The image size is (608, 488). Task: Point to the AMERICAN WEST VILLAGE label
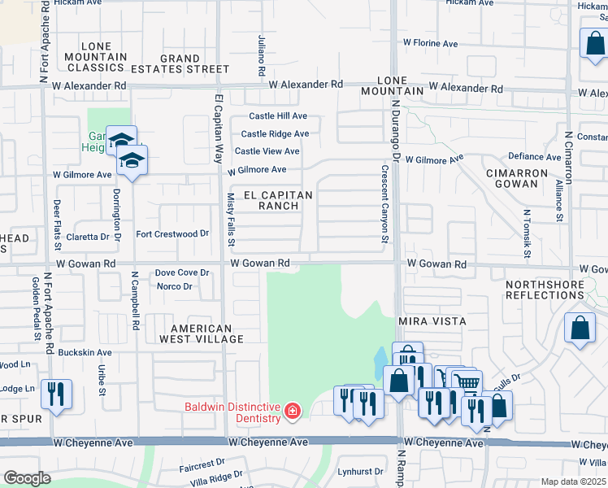pos(201,333)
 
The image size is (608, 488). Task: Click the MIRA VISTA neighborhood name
pos(432,322)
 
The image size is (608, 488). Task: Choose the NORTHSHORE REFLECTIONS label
pos(555,290)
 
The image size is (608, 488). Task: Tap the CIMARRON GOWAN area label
pos(523,179)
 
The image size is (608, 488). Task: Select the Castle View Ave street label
pos(267,151)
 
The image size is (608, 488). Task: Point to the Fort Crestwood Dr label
pos(172,234)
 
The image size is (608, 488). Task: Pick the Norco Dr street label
pos(174,286)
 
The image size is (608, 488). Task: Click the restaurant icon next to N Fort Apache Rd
pos(56,394)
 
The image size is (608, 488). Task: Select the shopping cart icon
pos(465,381)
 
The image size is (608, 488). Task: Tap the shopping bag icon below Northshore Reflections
pos(580,329)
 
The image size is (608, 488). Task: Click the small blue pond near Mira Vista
pos(380,359)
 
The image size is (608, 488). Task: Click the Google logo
pos(27,478)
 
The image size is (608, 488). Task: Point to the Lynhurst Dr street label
pos(360,472)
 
